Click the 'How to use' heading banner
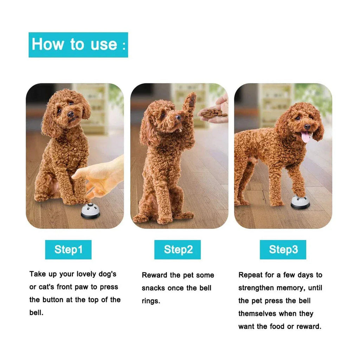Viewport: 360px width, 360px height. coord(78,45)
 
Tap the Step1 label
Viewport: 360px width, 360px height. coord(68,250)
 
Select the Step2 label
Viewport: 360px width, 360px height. coord(178,250)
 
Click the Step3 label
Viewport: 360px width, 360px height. coord(283,250)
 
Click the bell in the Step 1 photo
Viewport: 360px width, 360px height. coord(90,211)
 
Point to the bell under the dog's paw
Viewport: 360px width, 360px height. coord(300,202)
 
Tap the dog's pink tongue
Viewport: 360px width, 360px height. coord(306,137)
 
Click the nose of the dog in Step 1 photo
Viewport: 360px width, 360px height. coord(70,114)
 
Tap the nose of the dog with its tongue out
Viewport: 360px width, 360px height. coord(307,127)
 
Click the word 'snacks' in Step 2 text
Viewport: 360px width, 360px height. coord(153,288)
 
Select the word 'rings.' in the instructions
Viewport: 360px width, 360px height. coord(151,301)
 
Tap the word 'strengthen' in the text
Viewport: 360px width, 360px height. coord(256,288)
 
